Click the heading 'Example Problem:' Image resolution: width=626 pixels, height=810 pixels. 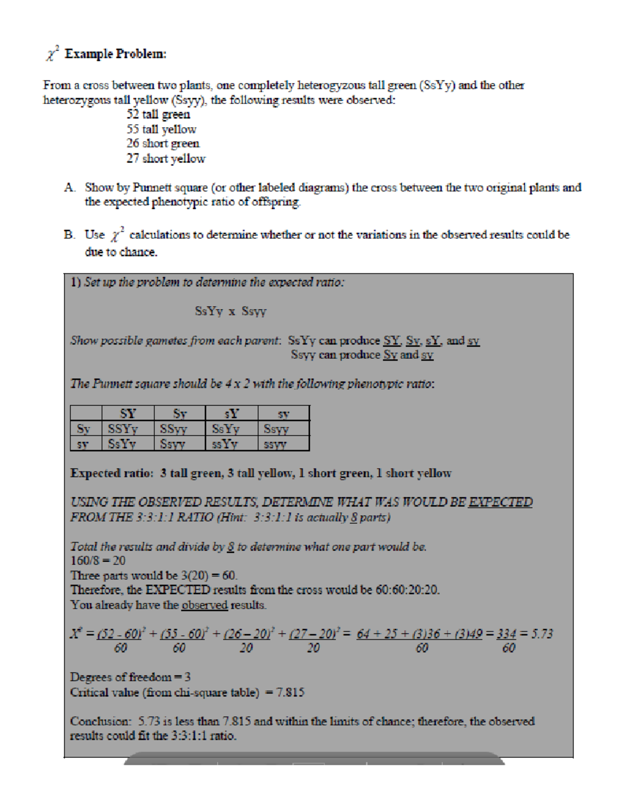[x=115, y=54]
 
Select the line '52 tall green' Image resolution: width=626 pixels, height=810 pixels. [x=158, y=114]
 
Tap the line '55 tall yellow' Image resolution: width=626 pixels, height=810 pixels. [x=161, y=129]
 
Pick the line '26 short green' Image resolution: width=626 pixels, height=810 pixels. [x=163, y=143]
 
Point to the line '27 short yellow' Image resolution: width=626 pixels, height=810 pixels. [x=166, y=158]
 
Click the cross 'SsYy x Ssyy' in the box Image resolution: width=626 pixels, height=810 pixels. [x=231, y=312]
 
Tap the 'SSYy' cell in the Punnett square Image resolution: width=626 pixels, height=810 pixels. [x=123, y=429]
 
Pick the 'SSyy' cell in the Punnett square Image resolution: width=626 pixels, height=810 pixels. [x=174, y=429]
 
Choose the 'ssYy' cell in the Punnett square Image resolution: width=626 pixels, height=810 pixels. [x=225, y=444]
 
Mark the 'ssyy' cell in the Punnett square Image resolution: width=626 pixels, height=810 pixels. [x=275, y=444]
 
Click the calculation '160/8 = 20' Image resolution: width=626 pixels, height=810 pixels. [x=98, y=561]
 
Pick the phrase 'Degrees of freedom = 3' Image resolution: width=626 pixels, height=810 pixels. [x=130, y=677]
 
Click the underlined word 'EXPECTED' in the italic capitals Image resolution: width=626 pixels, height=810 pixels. [x=501, y=502]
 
